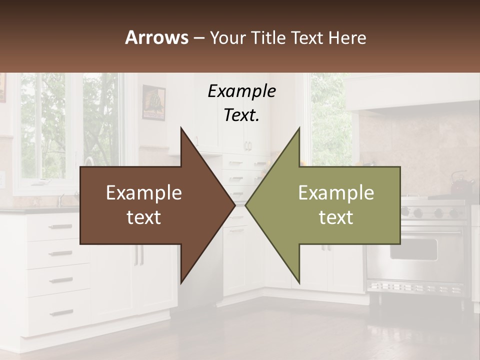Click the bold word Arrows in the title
coord(156,37)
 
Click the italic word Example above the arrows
coord(241,91)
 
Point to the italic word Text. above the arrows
coord(241,115)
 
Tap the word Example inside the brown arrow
coord(144,193)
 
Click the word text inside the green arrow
coord(336,217)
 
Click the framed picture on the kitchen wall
coord(153,102)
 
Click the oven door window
coord(413,248)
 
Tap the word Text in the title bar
coord(308,37)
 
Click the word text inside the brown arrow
coord(144,217)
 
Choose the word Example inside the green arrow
coord(336,193)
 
